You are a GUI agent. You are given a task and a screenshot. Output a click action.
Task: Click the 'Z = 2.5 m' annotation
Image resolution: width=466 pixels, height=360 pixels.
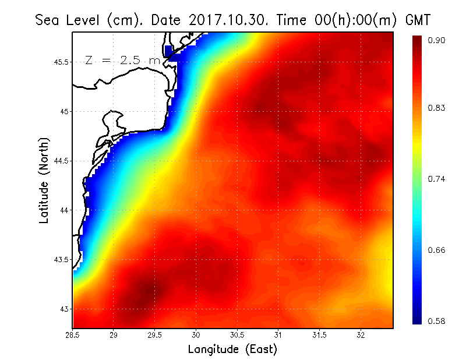122,60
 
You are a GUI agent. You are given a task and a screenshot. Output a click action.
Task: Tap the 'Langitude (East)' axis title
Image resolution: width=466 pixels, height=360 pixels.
232,350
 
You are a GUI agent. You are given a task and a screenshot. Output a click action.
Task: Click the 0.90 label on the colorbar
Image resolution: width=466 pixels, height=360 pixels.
436,40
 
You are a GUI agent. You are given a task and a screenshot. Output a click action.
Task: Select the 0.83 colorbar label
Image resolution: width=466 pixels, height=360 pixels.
436,108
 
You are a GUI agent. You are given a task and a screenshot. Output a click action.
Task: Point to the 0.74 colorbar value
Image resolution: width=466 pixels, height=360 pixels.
436,179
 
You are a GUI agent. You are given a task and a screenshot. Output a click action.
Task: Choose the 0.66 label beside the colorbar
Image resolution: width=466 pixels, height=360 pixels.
436,250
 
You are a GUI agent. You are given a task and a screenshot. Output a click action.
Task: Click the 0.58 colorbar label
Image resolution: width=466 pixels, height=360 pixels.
436,321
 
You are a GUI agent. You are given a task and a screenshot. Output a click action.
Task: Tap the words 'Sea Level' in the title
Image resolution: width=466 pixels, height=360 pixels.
69,20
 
